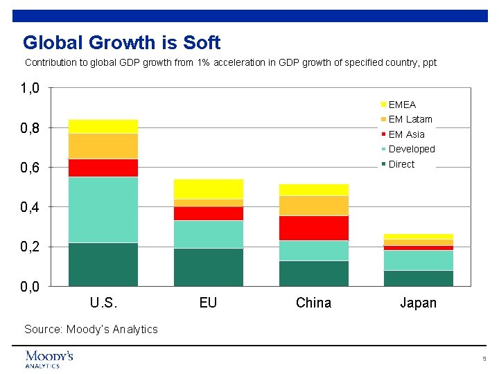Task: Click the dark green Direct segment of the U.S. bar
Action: (103, 264)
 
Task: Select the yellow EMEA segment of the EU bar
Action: (208, 188)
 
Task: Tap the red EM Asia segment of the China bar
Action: (313, 228)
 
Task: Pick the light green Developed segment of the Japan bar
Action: (418, 260)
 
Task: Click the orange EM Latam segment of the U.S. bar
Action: (103, 145)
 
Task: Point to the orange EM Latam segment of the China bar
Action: (313, 206)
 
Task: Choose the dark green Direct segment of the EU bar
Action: (208, 267)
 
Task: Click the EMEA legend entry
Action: (401, 105)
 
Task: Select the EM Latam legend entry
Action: (410, 119)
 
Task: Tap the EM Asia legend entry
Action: (406, 134)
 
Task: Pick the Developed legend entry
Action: (411, 149)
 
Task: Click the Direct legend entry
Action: (401, 164)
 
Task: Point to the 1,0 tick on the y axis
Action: (30, 88)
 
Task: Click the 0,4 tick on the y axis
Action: (30, 207)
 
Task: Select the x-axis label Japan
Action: (418, 303)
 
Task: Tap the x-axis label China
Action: (313, 303)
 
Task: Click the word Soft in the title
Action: (202, 43)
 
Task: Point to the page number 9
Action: (484, 359)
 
